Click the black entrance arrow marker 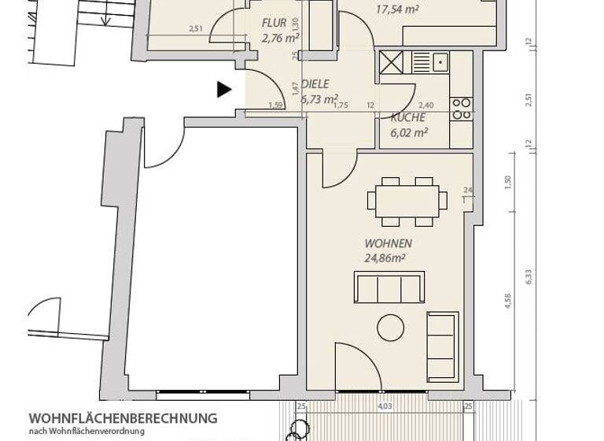pyautogui.click(x=224, y=89)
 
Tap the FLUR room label pyautogui.click(x=275, y=23)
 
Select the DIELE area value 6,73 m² pyautogui.click(x=319, y=99)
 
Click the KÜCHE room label pyautogui.click(x=409, y=117)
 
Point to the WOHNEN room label pyautogui.click(x=388, y=244)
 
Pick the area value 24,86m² pyautogui.click(x=385, y=258)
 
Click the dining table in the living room pyautogui.click(x=407, y=201)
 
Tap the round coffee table pyautogui.click(x=390, y=327)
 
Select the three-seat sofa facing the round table pyautogui.click(x=389, y=287)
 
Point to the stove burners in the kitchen pyautogui.click(x=461, y=109)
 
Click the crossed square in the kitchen pyautogui.click(x=391, y=62)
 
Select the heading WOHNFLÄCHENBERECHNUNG pyautogui.click(x=123, y=418)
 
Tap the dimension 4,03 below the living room pyautogui.click(x=385, y=406)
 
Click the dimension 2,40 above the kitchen pyautogui.click(x=425, y=106)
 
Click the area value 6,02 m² pyautogui.click(x=409, y=133)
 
